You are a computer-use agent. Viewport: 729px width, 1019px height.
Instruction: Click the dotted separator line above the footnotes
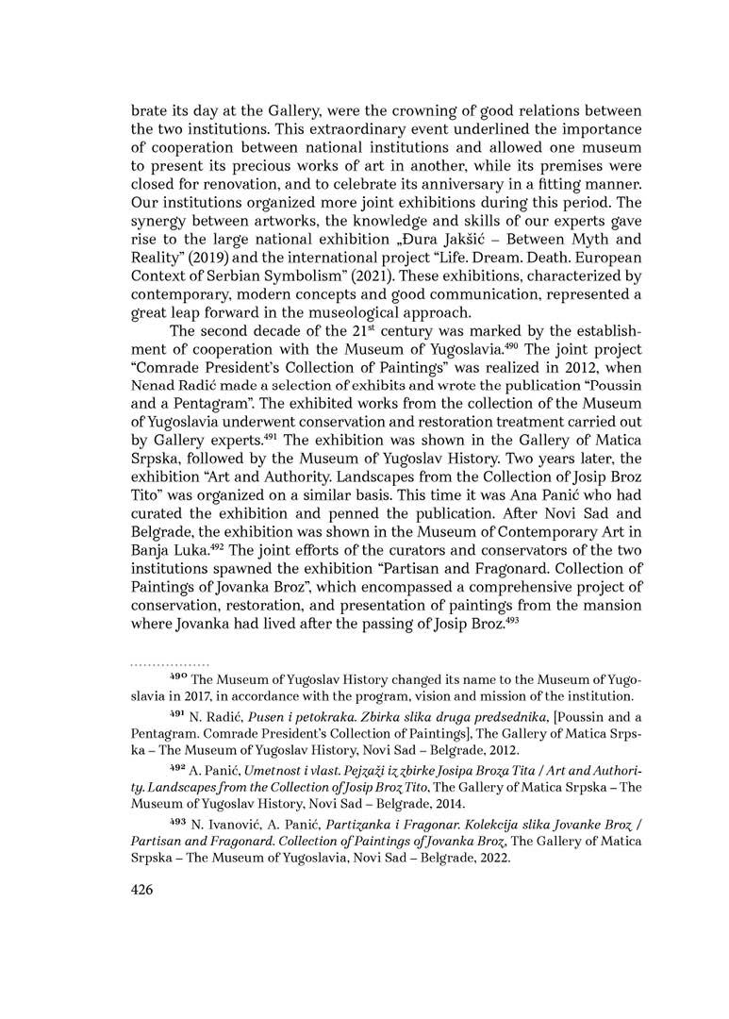pyautogui.click(x=171, y=663)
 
